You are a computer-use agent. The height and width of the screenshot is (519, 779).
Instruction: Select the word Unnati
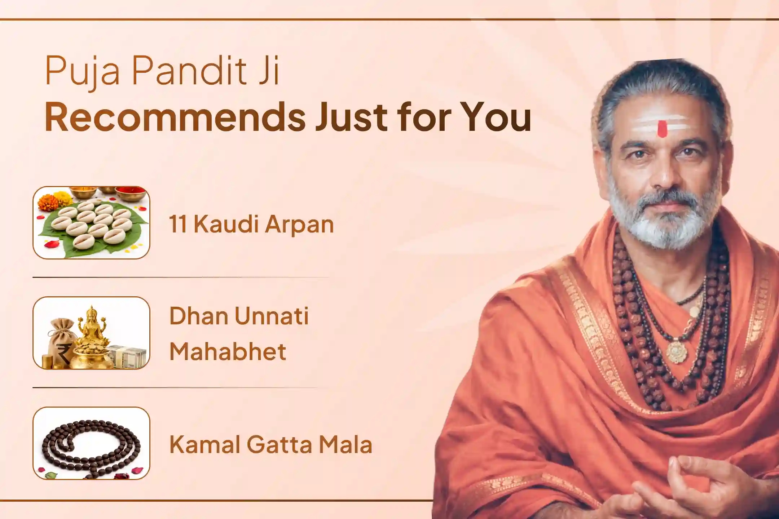tap(271, 316)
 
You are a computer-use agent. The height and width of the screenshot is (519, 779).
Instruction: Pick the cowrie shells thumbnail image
tap(91, 222)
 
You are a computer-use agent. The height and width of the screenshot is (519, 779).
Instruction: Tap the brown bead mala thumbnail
tap(91, 443)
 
